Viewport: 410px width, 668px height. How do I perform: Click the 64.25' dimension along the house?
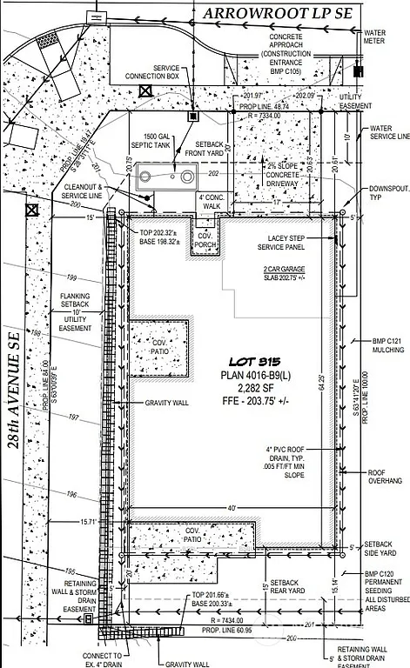coord(346,380)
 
